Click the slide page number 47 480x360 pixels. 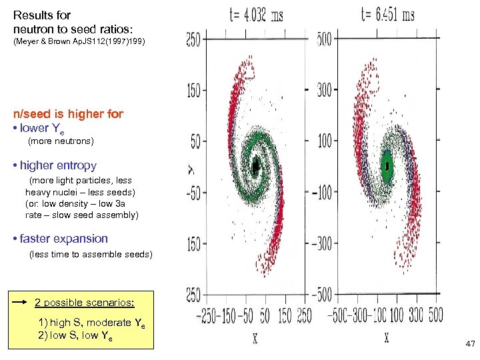(469, 344)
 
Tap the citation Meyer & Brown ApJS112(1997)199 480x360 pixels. (79, 42)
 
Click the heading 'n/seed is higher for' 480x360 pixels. (68, 114)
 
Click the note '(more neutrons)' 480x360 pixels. (61, 141)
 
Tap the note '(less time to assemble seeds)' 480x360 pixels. (91, 254)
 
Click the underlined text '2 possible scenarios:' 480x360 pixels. (85, 302)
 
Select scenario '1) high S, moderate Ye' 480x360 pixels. (91, 323)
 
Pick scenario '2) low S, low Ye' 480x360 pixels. (75, 337)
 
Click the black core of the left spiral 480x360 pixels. (256, 165)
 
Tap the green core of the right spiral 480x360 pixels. (387, 165)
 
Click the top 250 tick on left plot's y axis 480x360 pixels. (193, 40)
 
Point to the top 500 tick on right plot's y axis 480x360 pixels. (325, 39)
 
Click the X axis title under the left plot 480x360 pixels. (255, 339)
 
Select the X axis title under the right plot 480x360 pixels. (387, 339)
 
